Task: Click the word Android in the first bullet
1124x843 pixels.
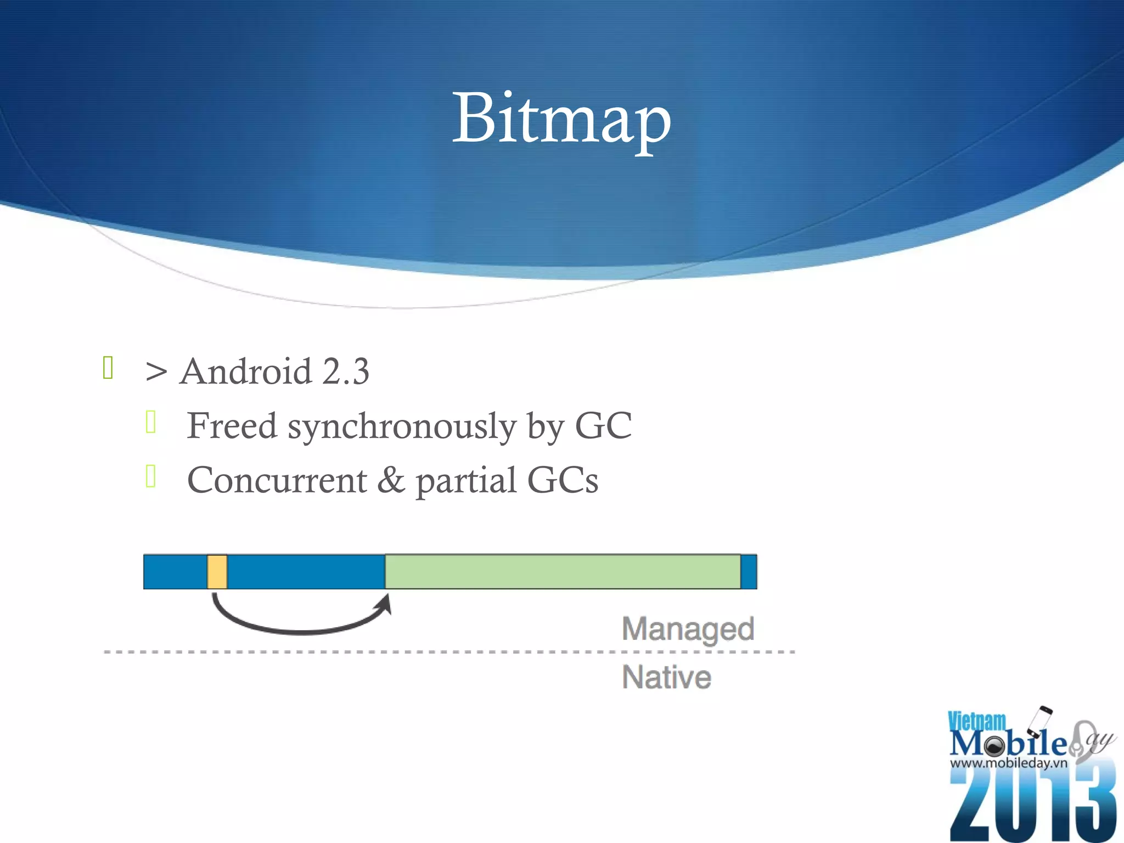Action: point(246,372)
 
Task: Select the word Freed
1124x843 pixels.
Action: point(232,426)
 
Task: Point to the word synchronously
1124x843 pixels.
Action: point(402,427)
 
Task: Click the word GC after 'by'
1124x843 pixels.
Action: point(603,426)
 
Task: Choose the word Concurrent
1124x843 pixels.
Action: point(277,480)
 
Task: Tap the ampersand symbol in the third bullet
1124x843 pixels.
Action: point(391,480)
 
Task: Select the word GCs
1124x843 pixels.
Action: point(563,480)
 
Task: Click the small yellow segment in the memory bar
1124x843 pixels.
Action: point(217,572)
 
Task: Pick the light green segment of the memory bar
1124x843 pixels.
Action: point(563,572)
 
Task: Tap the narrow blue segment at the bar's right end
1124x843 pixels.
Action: point(749,572)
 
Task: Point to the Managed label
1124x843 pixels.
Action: point(688,629)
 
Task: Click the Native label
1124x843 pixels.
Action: point(666,677)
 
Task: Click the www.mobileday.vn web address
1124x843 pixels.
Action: point(1008,763)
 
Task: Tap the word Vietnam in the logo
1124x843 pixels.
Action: point(977,721)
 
